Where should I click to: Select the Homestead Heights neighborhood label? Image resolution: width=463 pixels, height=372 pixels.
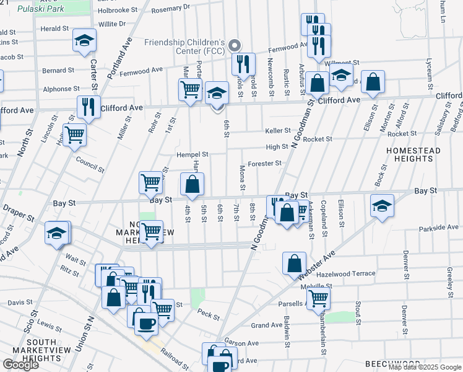(x=413, y=154)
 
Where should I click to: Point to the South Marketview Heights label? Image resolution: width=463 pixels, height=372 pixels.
(x=35, y=350)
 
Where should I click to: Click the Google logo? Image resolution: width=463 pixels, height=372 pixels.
(x=20, y=365)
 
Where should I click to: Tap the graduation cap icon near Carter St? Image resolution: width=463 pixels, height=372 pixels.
(x=85, y=42)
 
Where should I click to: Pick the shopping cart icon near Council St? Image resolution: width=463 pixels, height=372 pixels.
(x=75, y=133)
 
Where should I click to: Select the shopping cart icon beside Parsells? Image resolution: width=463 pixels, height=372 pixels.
(x=318, y=298)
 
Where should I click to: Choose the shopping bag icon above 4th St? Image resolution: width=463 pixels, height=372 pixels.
(x=192, y=184)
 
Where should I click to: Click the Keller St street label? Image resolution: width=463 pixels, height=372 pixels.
(x=278, y=131)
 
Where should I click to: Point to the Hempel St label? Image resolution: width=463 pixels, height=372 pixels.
(x=192, y=154)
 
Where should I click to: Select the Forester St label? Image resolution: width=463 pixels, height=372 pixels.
(x=265, y=164)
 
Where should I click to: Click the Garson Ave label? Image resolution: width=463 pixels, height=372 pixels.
(x=241, y=342)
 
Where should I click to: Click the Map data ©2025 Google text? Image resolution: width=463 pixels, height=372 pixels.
(x=425, y=367)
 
